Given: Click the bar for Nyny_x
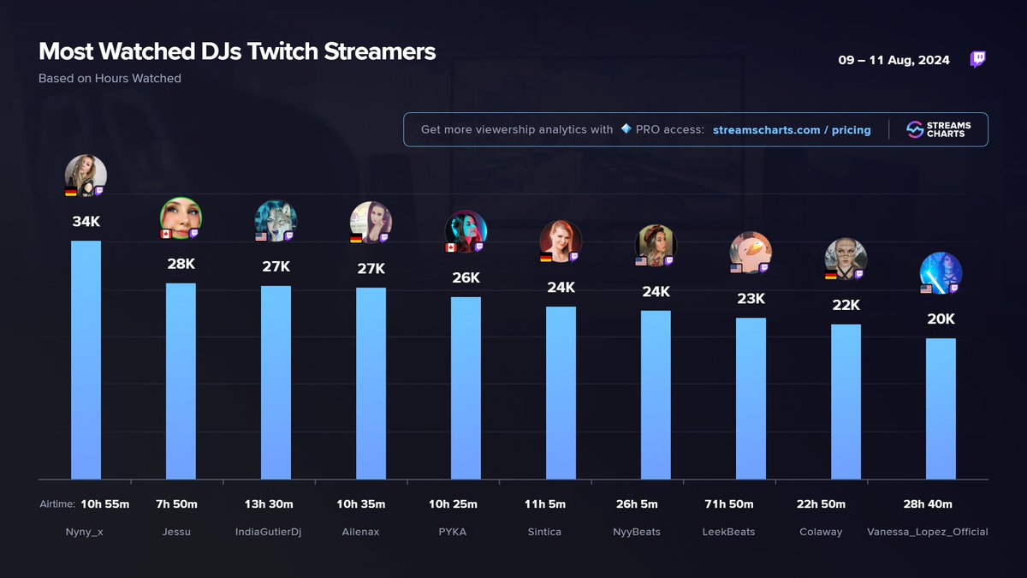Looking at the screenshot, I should click(x=86, y=360).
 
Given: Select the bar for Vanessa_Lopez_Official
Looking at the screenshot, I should click(x=941, y=408).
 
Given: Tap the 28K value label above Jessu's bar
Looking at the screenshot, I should click(x=181, y=264).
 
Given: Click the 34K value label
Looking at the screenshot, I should click(x=86, y=222).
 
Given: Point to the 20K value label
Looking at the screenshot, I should click(x=941, y=319).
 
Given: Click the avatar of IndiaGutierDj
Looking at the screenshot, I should click(x=276, y=221).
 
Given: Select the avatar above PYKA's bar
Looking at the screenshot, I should click(x=466, y=231).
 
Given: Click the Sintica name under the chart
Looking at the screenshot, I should click(x=544, y=532).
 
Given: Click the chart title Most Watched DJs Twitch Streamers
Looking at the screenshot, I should click(x=237, y=51).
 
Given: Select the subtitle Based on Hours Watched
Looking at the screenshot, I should click(x=110, y=79).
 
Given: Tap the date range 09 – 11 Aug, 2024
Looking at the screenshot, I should click(x=893, y=61).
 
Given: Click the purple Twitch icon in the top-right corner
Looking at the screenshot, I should click(x=977, y=60).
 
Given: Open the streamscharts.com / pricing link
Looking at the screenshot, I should click(x=792, y=130).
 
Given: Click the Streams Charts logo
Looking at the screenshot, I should click(x=935, y=129).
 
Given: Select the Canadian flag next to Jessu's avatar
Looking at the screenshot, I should click(x=166, y=234).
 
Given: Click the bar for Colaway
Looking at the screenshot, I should click(x=846, y=402).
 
